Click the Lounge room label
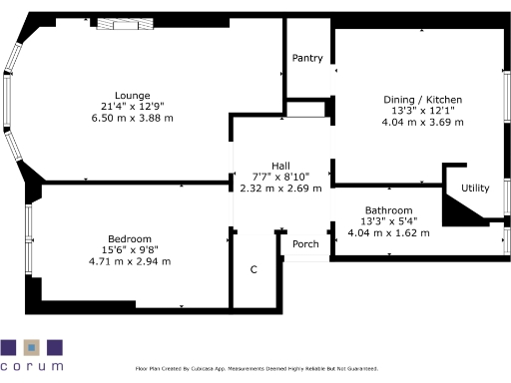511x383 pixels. (x=131, y=95)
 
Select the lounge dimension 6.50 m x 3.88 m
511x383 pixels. (x=131, y=118)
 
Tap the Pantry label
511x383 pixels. (x=307, y=58)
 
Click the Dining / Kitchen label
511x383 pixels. (x=422, y=100)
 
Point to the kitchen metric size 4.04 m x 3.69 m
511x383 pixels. (x=422, y=123)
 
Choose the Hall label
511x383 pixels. (x=281, y=165)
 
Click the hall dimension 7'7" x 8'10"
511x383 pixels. (x=281, y=177)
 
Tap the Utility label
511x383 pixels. (x=475, y=188)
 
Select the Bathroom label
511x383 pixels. (x=388, y=210)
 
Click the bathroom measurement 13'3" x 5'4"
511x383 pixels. (x=388, y=221)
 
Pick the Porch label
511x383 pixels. (x=305, y=244)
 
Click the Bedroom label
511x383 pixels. (x=130, y=238)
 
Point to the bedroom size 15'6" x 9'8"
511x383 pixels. (x=130, y=250)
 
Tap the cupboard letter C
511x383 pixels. (x=254, y=270)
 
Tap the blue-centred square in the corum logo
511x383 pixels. (x=32, y=348)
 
